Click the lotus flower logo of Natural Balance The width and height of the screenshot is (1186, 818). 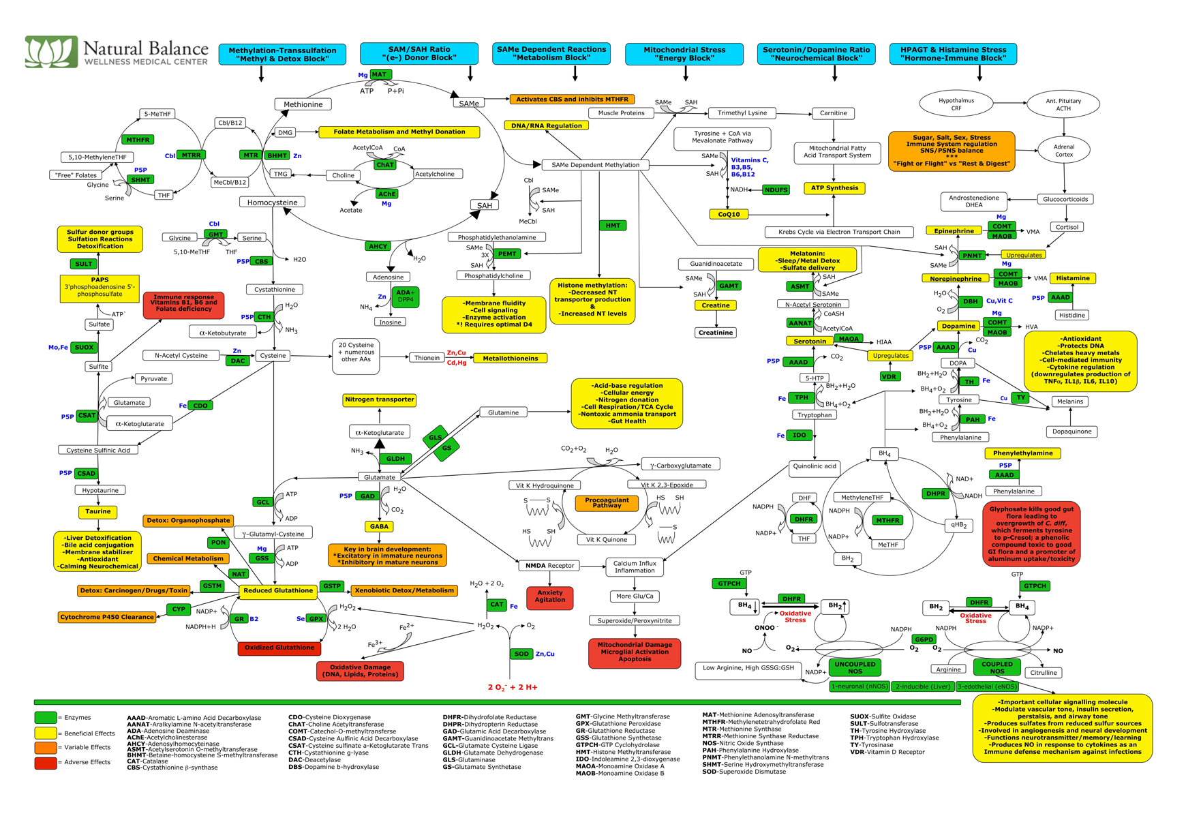(x=51, y=52)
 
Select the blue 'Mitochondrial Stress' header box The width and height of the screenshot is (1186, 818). (x=684, y=54)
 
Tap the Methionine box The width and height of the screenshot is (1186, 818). (x=303, y=104)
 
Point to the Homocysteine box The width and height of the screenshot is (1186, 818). (x=272, y=202)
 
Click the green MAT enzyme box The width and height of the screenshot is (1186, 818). (x=380, y=74)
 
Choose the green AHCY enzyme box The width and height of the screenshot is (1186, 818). (x=378, y=246)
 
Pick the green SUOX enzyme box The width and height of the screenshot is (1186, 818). (x=85, y=347)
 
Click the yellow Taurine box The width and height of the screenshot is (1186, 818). (x=98, y=511)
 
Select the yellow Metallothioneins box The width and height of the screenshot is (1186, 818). (x=511, y=358)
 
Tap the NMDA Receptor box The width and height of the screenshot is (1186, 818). (x=549, y=565)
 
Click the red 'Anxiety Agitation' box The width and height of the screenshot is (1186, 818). (x=550, y=596)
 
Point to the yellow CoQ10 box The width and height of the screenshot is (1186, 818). (x=729, y=214)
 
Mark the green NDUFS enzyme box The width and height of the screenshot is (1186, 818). (x=776, y=190)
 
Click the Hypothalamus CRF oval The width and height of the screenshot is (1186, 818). (x=956, y=104)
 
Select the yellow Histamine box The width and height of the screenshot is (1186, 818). (x=1073, y=278)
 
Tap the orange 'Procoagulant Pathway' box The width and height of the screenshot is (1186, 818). (x=607, y=503)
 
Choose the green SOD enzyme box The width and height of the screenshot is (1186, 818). (x=521, y=654)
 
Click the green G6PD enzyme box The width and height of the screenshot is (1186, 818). (x=924, y=639)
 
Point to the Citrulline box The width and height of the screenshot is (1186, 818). (x=1043, y=673)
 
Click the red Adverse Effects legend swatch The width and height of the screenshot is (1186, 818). (x=45, y=763)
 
